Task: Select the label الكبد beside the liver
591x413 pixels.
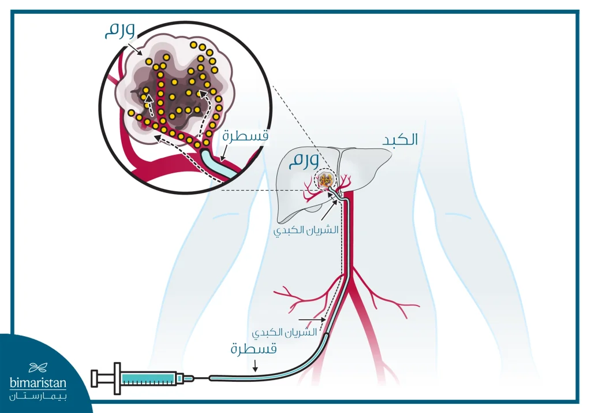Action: tap(401, 140)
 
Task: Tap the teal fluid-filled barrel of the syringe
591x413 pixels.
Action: tap(148, 378)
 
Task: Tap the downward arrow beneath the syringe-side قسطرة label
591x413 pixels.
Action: tap(253, 364)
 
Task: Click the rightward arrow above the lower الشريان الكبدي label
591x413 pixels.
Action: tap(310, 318)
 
